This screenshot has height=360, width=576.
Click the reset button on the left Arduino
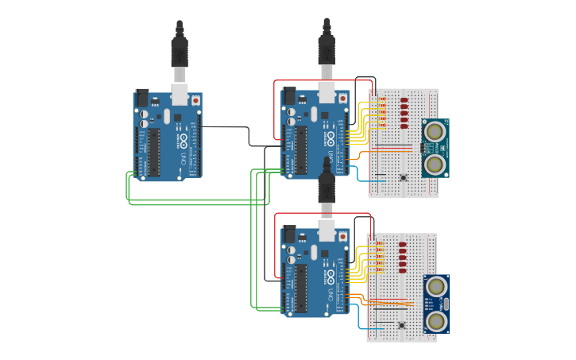195,101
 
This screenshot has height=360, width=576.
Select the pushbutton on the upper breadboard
403,176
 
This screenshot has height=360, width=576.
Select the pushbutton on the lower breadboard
401,324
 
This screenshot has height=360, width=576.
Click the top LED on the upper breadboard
404,100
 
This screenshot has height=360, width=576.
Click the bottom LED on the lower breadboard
402,270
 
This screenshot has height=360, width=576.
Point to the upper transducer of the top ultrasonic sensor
434,130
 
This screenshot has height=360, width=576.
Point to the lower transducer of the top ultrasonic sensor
434,165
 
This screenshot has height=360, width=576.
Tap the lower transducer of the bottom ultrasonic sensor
435,321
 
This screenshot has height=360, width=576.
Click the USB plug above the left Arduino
180,52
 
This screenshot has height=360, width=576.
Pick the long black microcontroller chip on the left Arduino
153,152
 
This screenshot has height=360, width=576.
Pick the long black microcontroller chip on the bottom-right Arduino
301,288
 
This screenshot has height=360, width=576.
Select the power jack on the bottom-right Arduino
289,233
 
